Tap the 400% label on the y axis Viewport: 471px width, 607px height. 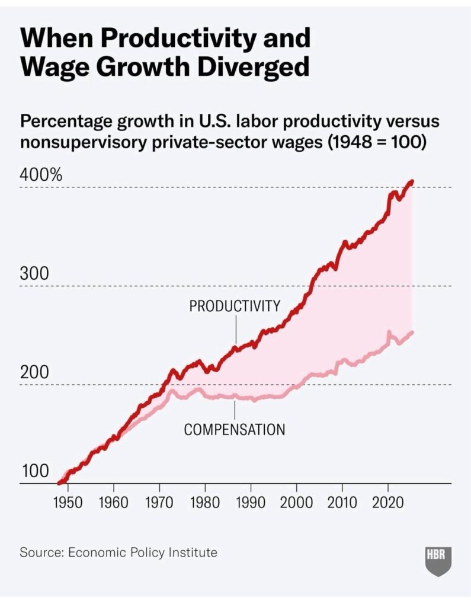(41, 175)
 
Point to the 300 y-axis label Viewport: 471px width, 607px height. (34, 274)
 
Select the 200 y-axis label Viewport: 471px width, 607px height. (34, 373)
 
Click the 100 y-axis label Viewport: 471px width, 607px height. (34, 472)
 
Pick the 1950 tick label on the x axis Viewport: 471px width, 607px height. (68, 503)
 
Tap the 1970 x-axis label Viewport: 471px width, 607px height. (159, 503)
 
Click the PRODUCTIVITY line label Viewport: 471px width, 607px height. (235, 306)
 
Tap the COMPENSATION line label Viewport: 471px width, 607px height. (235, 430)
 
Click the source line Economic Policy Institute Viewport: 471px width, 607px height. (143, 552)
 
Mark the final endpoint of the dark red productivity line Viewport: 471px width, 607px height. (412, 181)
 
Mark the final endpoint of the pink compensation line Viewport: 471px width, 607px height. (412, 332)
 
